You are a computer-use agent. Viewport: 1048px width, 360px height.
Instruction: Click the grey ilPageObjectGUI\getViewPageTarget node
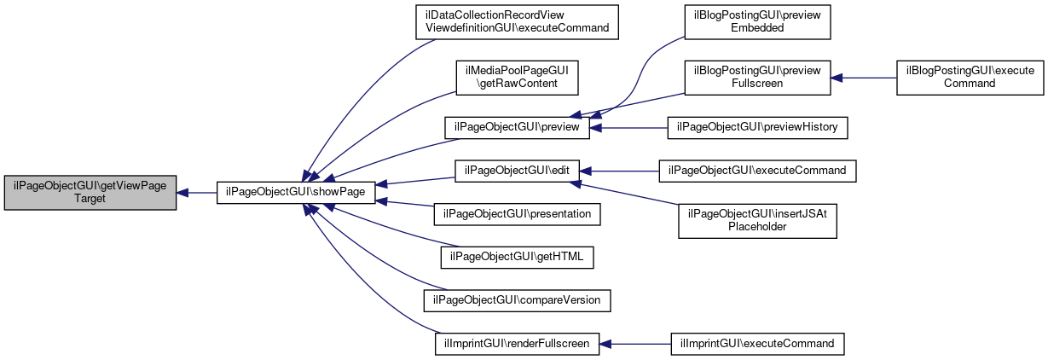click(x=90, y=193)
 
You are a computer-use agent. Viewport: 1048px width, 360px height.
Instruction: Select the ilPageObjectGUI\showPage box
click(x=296, y=193)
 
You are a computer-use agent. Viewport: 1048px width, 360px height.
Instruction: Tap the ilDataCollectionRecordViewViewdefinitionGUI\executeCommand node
click(x=517, y=22)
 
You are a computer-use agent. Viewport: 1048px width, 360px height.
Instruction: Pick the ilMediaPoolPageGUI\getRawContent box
click(x=517, y=78)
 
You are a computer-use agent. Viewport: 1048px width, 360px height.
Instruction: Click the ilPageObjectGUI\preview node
click(x=517, y=128)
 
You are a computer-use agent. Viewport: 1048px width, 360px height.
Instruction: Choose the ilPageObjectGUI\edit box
click(x=517, y=171)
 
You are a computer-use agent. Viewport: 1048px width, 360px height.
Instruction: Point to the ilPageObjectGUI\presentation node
click(x=517, y=214)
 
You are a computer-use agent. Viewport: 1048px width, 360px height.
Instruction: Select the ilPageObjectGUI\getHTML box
click(x=517, y=258)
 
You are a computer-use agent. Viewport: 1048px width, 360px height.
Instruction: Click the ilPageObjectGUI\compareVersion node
click(x=517, y=300)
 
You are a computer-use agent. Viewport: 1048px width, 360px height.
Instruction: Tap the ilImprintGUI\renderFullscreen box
click(x=517, y=344)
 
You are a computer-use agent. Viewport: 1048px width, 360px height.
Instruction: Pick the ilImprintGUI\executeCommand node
click(x=757, y=344)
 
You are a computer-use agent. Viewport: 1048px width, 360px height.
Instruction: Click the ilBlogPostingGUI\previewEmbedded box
click(x=757, y=22)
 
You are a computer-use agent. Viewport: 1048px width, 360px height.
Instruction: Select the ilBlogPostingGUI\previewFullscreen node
click(x=757, y=78)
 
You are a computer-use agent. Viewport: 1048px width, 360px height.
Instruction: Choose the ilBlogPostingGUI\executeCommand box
click(x=970, y=78)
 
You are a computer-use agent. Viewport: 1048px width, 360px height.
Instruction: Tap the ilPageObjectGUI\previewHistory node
click(x=757, y=128)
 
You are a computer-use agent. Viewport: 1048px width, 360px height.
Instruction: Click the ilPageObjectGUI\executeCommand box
click(x=757, y=171)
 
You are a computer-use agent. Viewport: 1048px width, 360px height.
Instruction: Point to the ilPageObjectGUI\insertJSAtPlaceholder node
click(x=757, y=221)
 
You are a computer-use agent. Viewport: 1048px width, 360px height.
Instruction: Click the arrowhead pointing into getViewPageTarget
click(x=182, y=193)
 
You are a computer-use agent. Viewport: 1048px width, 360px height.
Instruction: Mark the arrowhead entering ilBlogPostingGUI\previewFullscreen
click(x=837, y=78)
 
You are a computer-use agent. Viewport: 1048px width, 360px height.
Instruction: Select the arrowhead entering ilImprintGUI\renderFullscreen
click(x=605, y=344)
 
